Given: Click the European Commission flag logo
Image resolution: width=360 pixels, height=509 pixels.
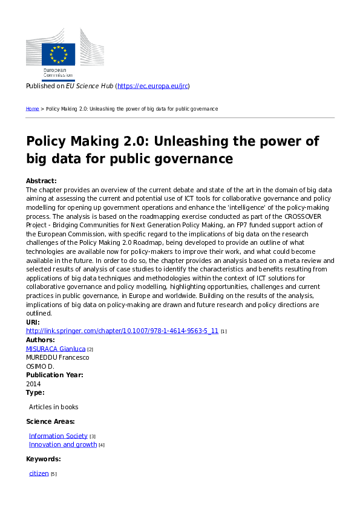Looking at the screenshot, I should point(58,54).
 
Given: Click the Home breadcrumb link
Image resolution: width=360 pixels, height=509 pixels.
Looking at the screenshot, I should point(32,109).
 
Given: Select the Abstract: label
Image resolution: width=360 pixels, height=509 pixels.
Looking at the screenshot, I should point(41,181).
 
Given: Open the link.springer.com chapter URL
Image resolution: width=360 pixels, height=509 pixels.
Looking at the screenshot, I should point(122,331).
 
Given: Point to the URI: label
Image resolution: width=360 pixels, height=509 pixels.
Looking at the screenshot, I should point(33,323).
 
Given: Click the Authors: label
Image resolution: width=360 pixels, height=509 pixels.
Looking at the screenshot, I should point(41,340).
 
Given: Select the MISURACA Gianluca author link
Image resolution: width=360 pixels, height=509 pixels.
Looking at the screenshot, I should point(56,349).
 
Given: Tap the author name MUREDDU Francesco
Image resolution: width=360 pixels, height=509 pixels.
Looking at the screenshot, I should point(57,357).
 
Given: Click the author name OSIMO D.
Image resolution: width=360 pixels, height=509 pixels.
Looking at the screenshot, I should point(40,366).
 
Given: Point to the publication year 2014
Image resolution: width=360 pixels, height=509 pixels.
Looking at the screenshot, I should point(33,383).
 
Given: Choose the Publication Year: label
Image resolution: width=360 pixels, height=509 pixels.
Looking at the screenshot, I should point(54,375).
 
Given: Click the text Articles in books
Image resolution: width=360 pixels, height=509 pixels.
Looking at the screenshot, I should point(54,407).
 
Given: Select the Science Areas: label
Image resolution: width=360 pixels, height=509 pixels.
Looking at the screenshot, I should point(50,421).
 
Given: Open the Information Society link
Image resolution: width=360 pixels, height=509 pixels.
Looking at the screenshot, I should point(58,436).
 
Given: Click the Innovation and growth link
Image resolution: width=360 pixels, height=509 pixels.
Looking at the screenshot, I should point(63,444).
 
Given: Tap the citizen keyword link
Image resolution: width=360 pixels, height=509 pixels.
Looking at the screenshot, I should point(39,473).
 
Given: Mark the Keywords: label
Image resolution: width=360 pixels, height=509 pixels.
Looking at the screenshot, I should point(44,459).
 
